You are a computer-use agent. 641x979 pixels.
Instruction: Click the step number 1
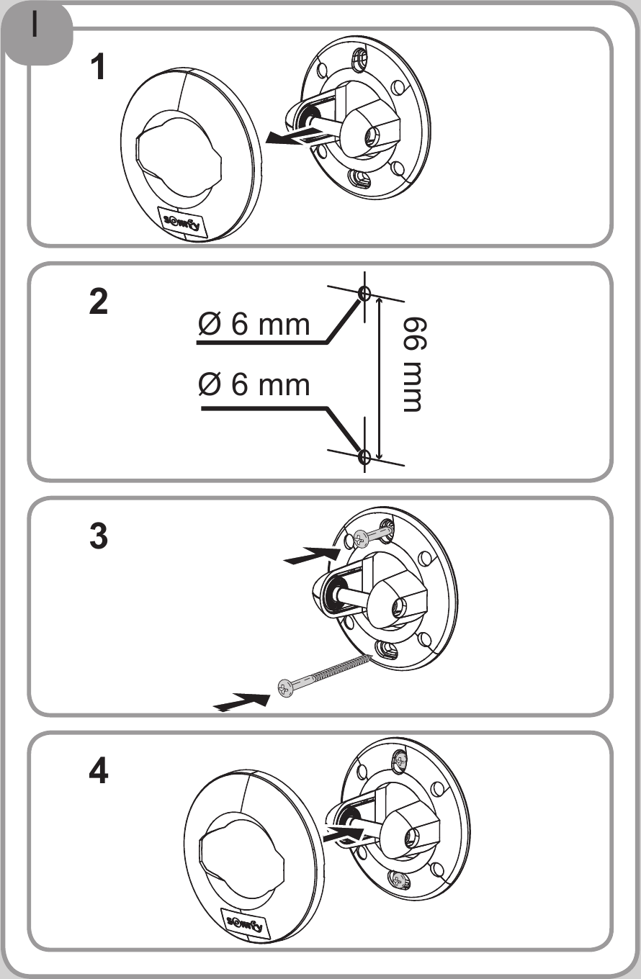tap(98, 67)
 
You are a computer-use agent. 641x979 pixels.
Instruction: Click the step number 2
tap(99, 302)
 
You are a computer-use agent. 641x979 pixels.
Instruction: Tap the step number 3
tap(99, 536)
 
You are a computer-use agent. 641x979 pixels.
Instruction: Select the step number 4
tap(99, 771)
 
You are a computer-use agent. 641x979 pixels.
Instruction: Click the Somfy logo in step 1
tap(181, 222)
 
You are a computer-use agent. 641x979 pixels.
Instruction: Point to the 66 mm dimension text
tap(413, 364)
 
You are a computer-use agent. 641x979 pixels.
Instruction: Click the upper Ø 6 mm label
tap(254, 324)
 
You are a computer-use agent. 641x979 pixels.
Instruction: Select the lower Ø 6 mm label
tap(254, 384)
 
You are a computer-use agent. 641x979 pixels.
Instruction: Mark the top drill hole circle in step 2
tap(364, 293)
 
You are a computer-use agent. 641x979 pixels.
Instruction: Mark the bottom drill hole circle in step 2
tap(364, 456)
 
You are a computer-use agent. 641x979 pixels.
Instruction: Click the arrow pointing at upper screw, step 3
tap(312, 555)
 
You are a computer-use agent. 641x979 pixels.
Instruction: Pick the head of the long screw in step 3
tap(285, 688)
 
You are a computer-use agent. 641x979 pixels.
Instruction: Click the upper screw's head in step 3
tap(361, 539)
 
